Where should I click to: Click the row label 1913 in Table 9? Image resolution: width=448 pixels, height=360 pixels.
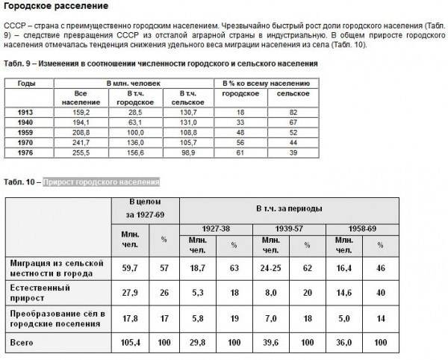pos(25,111)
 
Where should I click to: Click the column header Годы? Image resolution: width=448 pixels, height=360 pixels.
pos(27,84)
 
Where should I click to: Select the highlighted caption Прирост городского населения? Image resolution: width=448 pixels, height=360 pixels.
pos(102,182)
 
